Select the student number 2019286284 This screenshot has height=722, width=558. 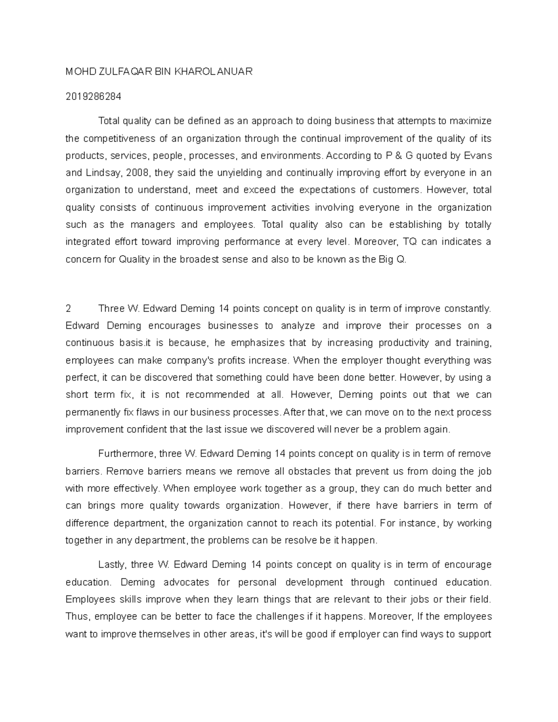93,97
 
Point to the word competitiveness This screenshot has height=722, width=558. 119,139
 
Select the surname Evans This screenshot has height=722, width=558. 479,156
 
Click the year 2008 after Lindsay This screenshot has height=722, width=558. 138,173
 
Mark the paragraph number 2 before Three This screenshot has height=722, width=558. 68,309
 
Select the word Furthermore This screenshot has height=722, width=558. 126,454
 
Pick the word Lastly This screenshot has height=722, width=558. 112,565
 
